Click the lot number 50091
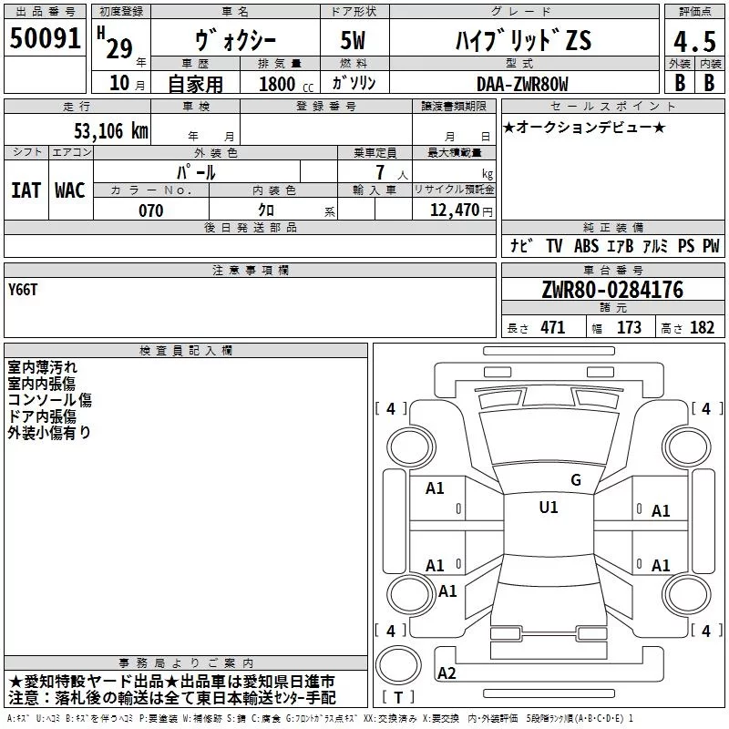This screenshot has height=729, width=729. [x=45, y=38]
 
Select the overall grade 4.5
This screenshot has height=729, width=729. [x=694, y=41]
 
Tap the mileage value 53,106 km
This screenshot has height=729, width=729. [x=111, y=131]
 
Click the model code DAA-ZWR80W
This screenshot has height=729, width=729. [x=522, y=84]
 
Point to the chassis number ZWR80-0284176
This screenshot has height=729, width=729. [x=612, y=290]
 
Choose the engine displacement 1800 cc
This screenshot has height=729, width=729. [x=286, y=84]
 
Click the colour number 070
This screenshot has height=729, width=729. [x=151, y=210]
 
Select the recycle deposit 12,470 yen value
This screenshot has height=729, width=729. [x=461, y=210]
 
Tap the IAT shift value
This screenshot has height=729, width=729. [x=26, y=190]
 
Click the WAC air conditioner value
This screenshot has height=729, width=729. [x=70, y=190]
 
